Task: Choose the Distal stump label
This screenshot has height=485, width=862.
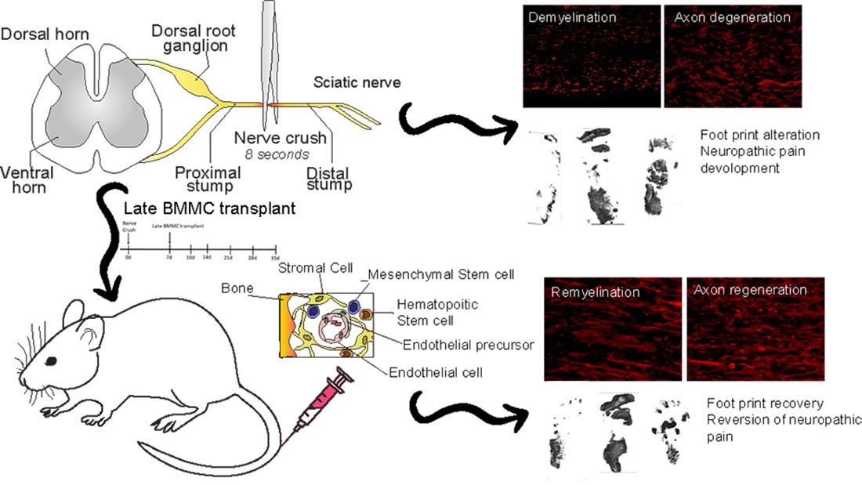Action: click(x=328, y=179)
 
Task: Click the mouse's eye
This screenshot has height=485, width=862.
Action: click(x=51, y=360)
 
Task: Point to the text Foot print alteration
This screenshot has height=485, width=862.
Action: click(x=759, y=135)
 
